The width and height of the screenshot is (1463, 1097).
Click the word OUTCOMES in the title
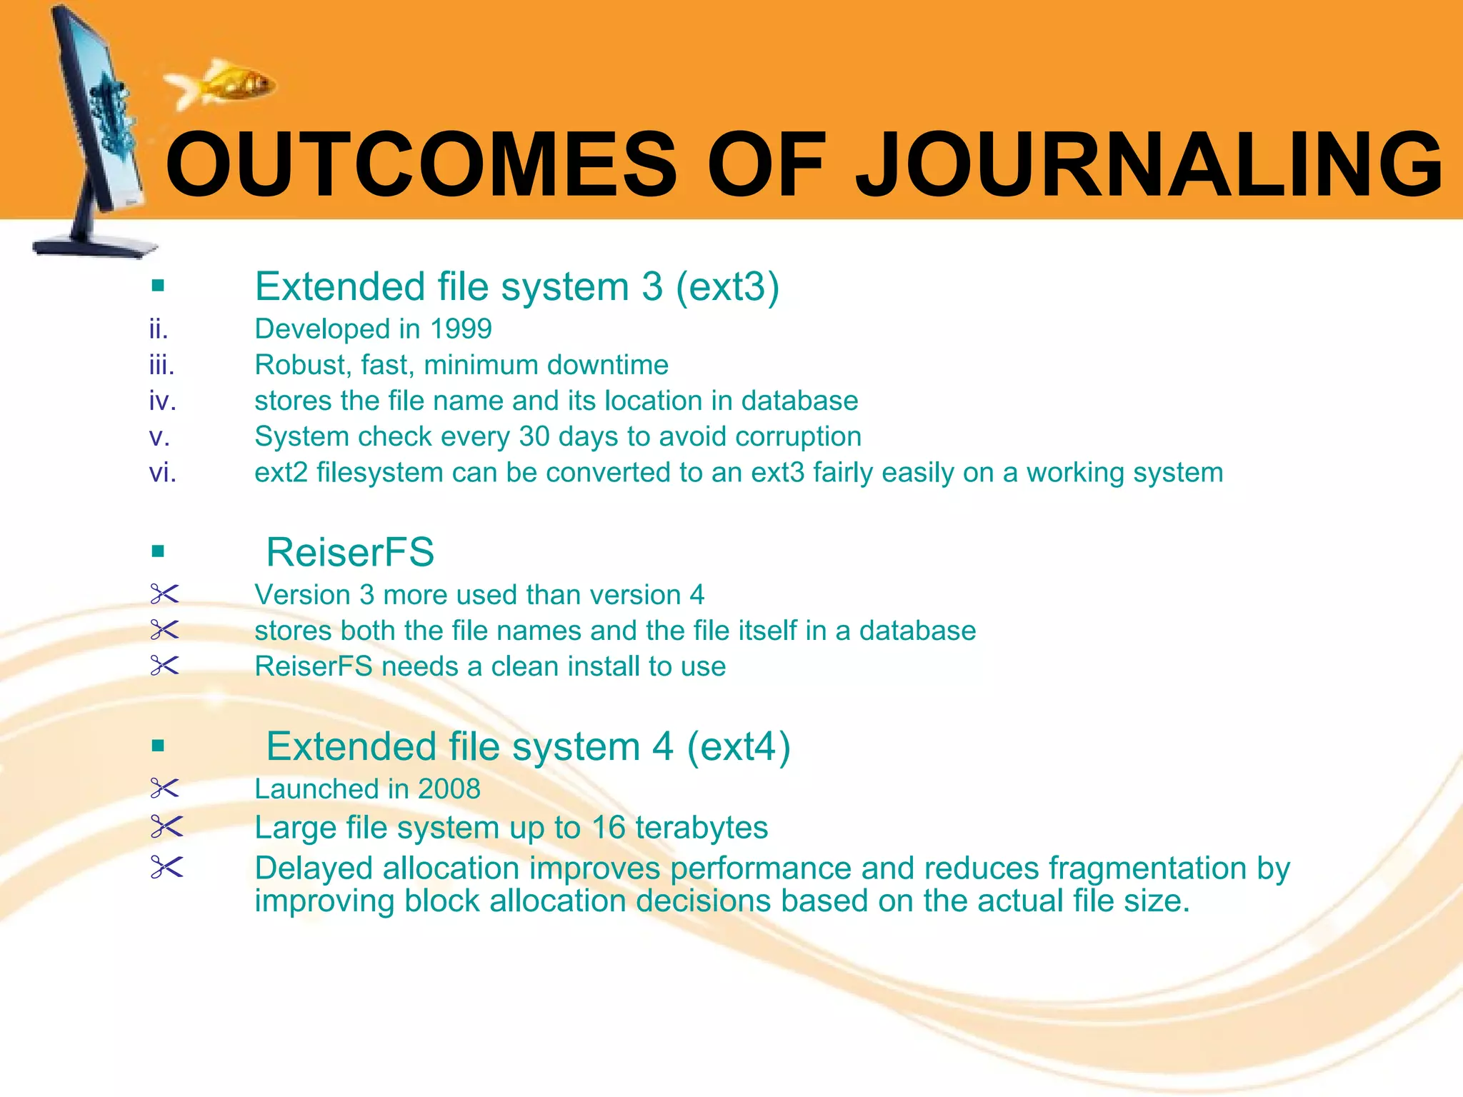[421, 166]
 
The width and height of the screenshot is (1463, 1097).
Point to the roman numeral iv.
[162, 401]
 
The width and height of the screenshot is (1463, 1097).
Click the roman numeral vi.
[162, 473]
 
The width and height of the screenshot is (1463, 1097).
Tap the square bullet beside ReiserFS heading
[159, 551]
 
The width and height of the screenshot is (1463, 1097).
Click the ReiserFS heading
[350, 552]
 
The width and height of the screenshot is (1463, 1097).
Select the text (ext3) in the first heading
[727, 287]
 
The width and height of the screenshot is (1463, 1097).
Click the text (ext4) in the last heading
[739, 747]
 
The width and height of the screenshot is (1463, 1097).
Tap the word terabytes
[701, 828]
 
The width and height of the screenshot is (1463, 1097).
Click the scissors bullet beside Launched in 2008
[165, 789]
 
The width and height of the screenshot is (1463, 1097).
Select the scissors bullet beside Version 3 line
[165, 594]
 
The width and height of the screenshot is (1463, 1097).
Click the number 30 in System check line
[534, 437]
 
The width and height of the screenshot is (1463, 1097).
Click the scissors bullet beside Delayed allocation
[166, 868]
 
